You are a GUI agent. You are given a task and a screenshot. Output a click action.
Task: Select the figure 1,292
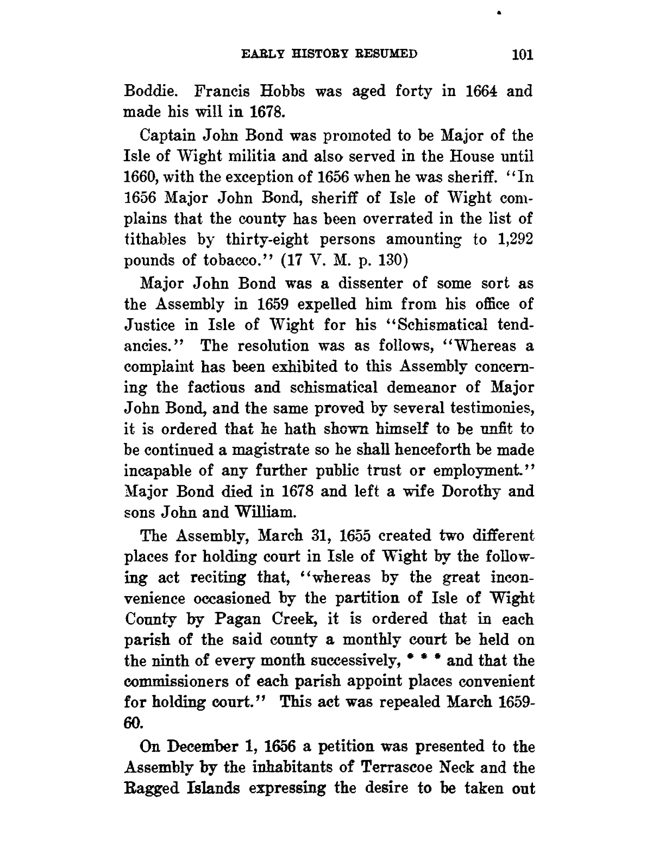coord(514,239)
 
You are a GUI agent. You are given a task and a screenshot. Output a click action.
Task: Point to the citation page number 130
coord(394,260)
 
